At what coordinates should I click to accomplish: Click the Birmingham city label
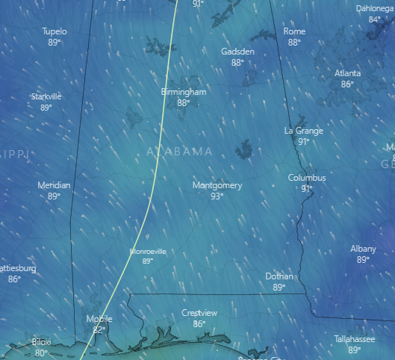[183, 92]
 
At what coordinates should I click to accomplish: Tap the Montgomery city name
[217, 185]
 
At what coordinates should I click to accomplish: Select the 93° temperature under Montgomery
[217, 196]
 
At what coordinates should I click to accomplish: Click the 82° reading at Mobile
[99, 329]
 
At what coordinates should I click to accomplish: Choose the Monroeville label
[148, 252]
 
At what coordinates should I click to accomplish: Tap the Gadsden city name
[237, 52]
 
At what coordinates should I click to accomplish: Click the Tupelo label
[55, 32]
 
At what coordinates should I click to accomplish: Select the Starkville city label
[46, 96]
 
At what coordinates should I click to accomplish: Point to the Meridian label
[54, 185]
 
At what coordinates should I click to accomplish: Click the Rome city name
[294, 32]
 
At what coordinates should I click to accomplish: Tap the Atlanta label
[347, 73]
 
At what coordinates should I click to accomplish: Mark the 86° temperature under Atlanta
[347, 84]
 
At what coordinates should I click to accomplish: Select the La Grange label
[304, 131]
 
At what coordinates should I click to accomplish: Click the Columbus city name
[307, 178]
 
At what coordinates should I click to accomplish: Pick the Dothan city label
[279, 276]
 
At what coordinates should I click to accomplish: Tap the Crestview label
[199, 313]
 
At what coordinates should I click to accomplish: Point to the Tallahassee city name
[354, 339]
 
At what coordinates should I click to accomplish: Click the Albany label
[364, 249]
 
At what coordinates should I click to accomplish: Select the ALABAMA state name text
[179, 152]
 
